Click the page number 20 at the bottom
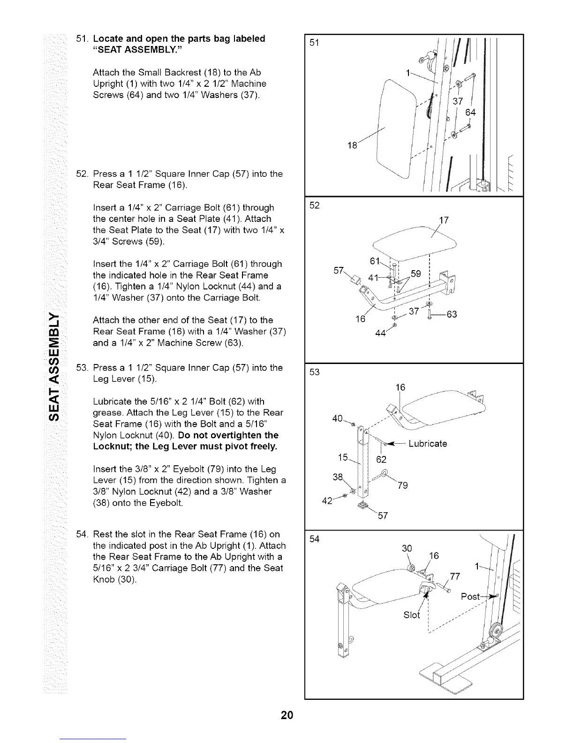click(x=287, y=715)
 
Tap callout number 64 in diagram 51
click(x=470, y=113)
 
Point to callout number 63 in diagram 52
click(x=451, y=314)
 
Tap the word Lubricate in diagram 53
click(x=428, y=443)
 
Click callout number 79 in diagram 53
click(x=402, y=485)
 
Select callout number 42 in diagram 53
click(x=328, y=501)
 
